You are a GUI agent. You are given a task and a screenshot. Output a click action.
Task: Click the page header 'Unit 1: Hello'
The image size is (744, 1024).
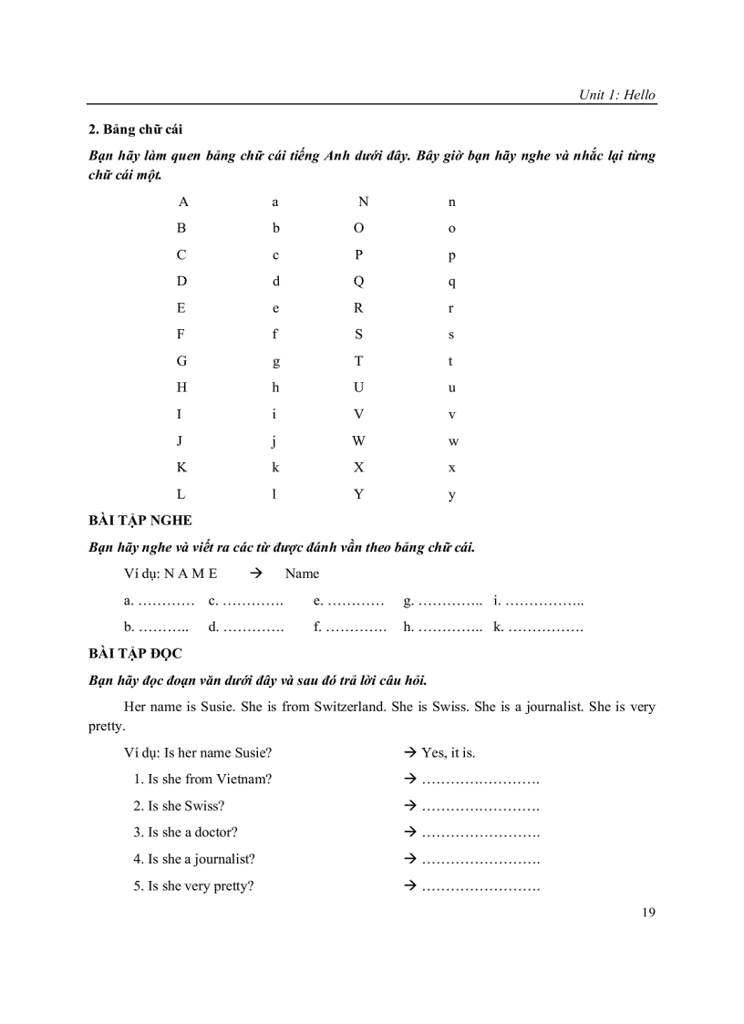[616, 95]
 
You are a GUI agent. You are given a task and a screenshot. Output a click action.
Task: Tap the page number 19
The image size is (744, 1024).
[648, 912]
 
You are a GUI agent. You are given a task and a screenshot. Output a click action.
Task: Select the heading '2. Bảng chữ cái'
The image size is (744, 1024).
[135, 129]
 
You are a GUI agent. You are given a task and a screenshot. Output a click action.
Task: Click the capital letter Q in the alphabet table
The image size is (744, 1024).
[358, 281]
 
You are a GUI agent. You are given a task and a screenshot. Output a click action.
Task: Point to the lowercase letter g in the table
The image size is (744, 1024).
[275, 362]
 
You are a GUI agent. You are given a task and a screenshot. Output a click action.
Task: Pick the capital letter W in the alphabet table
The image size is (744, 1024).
[358, 441]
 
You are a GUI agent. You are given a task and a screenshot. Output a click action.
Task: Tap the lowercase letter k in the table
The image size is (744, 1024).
[275, 468]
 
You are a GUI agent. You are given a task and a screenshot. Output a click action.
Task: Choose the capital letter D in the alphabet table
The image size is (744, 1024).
[181, 281]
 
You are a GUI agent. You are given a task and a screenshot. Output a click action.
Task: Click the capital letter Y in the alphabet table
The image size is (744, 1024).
[358, 494]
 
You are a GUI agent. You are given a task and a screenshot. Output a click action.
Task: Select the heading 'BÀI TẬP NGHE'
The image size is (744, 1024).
[140, 521]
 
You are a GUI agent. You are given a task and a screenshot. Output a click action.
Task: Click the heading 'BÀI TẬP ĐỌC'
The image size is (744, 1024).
[136, 654]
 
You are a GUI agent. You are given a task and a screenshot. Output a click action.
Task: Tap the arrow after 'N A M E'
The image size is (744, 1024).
[255, 574]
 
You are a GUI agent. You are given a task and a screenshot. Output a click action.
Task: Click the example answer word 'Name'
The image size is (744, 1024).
[302, 574]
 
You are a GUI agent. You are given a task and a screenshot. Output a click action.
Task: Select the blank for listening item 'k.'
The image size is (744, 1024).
[545, 627]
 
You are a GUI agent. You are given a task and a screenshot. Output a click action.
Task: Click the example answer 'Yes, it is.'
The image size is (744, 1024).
[448, 753]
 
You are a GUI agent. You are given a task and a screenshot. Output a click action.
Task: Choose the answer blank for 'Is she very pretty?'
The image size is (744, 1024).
[480, 885]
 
